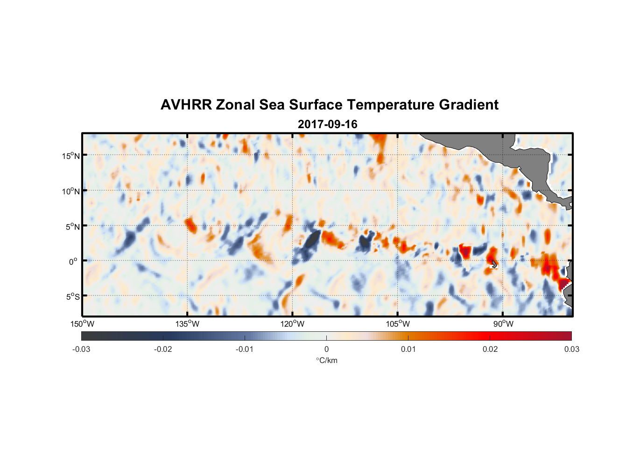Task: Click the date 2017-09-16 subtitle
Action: point(327,124)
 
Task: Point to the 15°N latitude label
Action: point(70,156)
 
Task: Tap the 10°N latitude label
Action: point(70,191)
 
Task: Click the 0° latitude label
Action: point(73,261)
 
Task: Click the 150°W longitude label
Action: point(82,324)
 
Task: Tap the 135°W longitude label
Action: point(187,324)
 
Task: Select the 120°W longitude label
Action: point(292,324)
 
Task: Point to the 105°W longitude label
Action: point(398,324)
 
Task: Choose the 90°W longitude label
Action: point(503,324)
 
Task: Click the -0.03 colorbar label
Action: point(81,349)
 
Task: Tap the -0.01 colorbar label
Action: point(245,349)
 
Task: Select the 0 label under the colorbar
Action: point(326,349)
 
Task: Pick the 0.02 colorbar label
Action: point(490,349)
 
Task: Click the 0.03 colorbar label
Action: point(571,349)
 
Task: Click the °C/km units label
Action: point(326,360)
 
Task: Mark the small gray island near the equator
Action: point(494,264)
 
